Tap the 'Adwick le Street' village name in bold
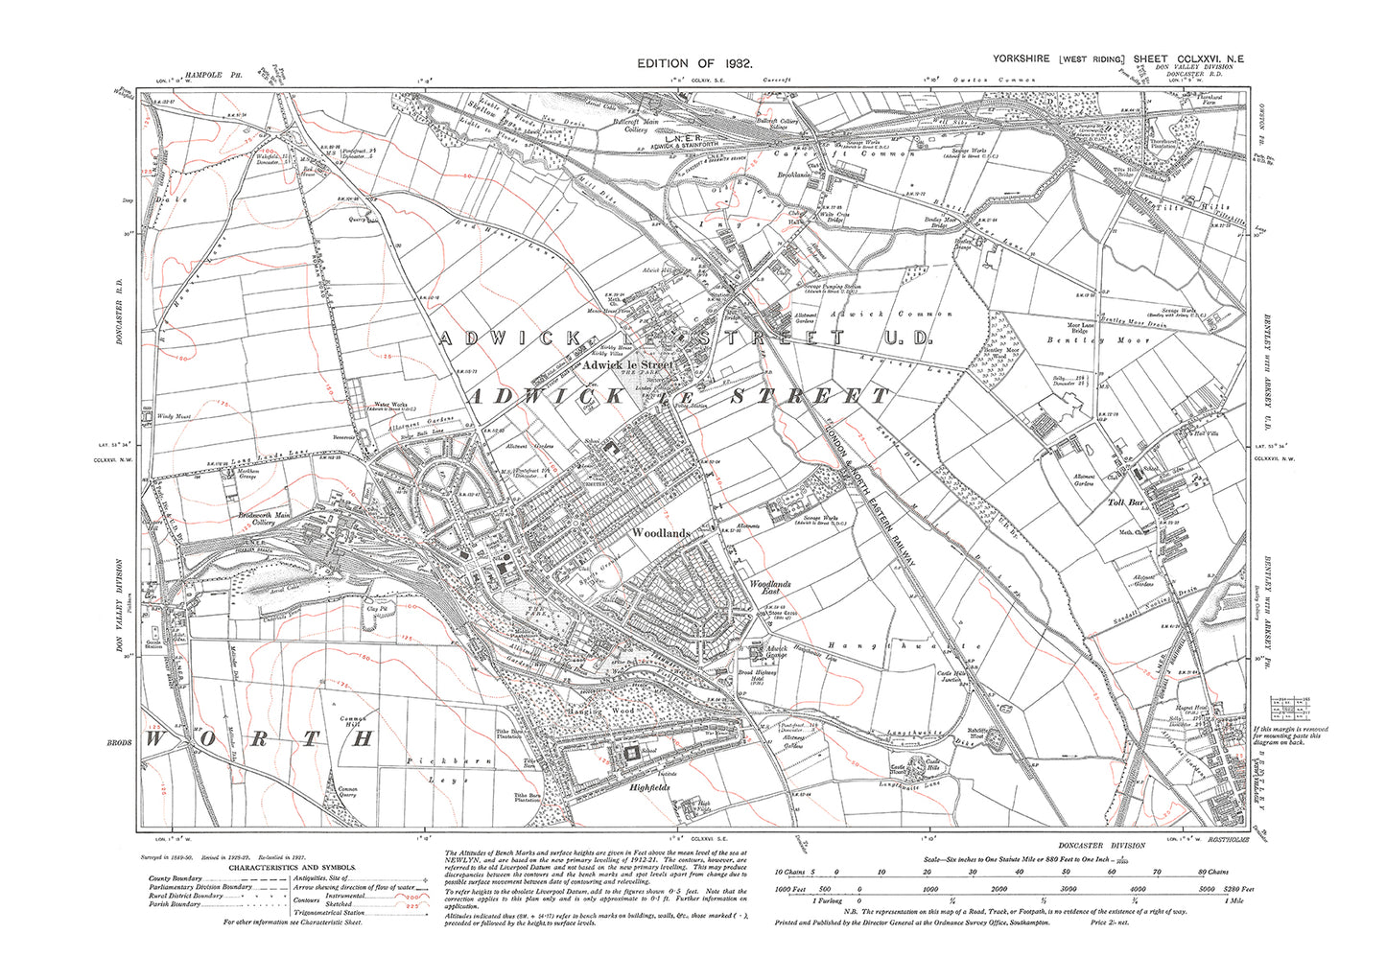628,365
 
